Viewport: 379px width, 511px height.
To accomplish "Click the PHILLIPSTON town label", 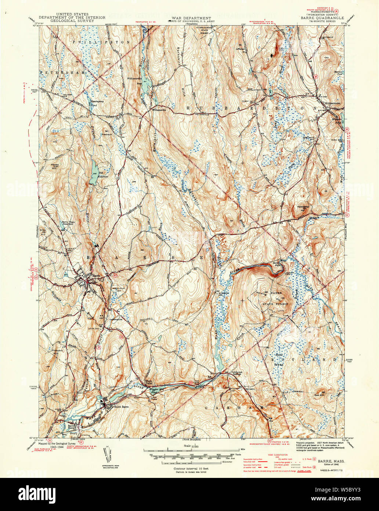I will pyautogui.click(x=101, y=42).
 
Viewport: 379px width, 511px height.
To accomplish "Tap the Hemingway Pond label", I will pyautogui.click(x=96, y=103).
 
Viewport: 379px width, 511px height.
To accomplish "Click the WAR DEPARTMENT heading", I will pyautogui.click(x=189, y=18).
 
